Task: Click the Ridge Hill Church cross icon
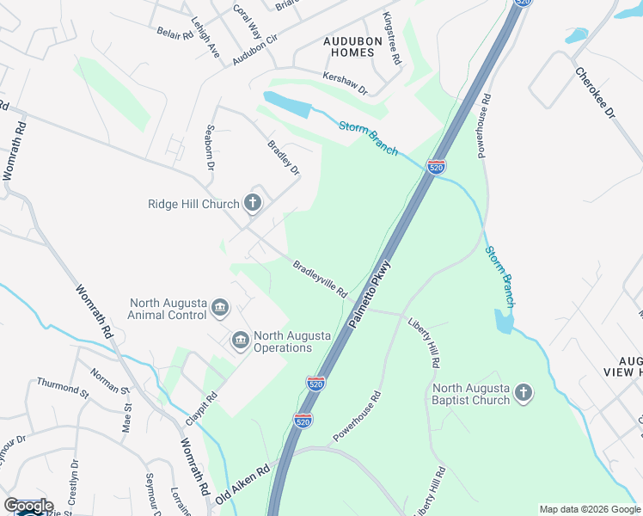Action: point(252,203)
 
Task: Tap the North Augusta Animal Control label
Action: point(168,309)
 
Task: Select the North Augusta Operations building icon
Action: point(240,342)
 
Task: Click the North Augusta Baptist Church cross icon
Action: point(524,394)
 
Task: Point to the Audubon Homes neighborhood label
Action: point(349,46)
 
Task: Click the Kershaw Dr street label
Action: point(344,83)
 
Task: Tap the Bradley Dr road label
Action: point(283,157)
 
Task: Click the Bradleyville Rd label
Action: point(319,279)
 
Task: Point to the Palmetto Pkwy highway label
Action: point(370,293)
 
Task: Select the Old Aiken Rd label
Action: point(242,485)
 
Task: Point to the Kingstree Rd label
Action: point(392,40)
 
